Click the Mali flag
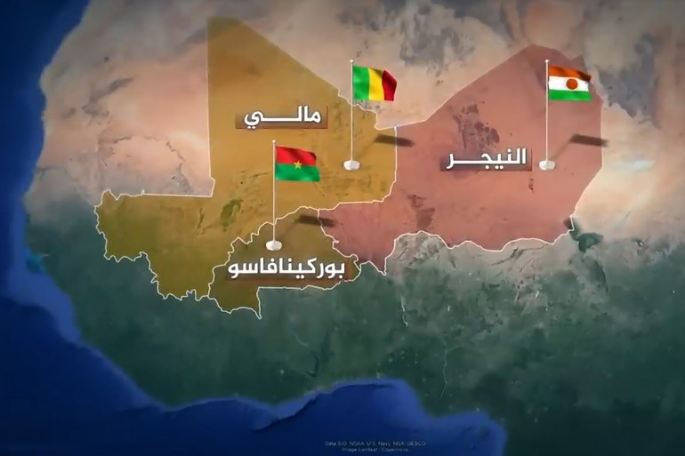[374, 84]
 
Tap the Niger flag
[569, 83]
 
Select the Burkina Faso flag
[296, 164]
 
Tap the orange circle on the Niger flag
[569, 83]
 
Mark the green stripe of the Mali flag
[359, 81]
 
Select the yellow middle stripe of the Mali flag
[374, 84]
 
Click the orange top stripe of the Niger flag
[569, 72]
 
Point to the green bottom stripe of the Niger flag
[569, 93]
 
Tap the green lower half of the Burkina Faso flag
[296, 172]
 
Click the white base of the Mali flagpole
[351, 164]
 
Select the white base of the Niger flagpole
[546, 164]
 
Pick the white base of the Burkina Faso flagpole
[274, 243]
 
